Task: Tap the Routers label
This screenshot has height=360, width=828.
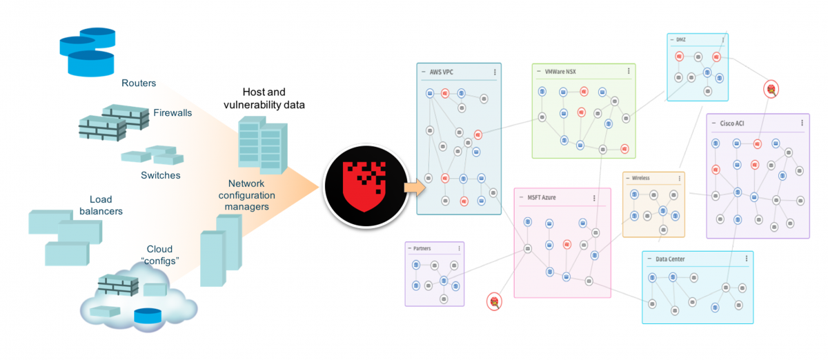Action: pos(139,83)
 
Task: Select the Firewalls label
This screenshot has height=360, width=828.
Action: pos(172,112)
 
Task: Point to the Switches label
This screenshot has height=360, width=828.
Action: pos(160,175)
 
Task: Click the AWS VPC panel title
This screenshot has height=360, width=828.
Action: pos(442,72)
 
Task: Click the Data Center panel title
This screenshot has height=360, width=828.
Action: pos(670,259)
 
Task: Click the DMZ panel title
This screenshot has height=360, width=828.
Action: pos(680,40)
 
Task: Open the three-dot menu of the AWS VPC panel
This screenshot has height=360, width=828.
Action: pos(495,72)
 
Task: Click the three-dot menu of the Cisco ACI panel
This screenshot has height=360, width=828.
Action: pos(802,123)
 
